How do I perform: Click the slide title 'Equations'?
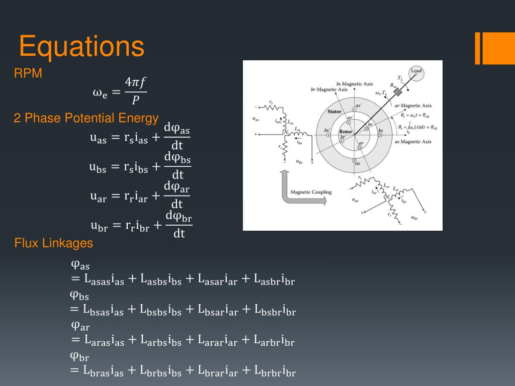coord(81,47)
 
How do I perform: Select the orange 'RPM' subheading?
coord(28,74)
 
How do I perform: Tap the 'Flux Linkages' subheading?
coord(54,243)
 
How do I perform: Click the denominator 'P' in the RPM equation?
coord(135,101)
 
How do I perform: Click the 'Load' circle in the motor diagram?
coord(416,73)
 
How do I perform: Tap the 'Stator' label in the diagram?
coord(334,112)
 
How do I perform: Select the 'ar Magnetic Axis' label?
coord(413,106)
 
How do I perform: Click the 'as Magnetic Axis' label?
coord(413,142)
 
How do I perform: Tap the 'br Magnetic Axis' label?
coord(329,89)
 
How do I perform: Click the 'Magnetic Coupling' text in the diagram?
coord(307,192)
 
